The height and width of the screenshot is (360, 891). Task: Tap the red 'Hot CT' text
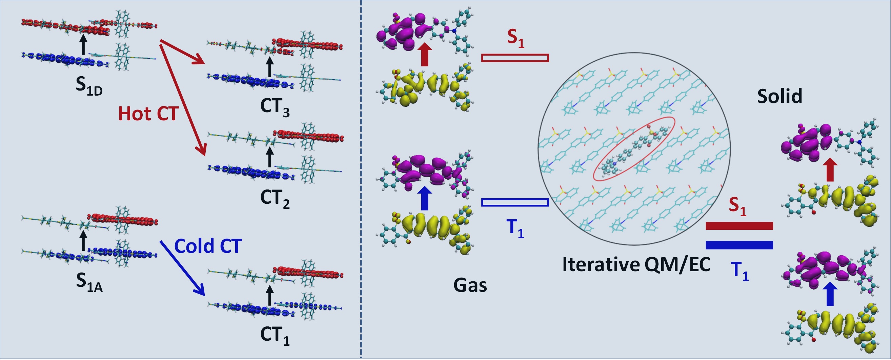148,114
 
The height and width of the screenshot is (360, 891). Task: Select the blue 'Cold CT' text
207,246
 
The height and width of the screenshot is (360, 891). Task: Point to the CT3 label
275,107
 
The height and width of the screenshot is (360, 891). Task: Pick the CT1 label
275,336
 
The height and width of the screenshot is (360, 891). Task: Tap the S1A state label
89,282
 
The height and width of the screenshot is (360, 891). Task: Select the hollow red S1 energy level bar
515,58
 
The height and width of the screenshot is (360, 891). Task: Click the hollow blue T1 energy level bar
515,202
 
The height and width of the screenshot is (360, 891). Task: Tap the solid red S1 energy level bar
739,226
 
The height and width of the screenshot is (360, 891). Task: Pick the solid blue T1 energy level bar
739,245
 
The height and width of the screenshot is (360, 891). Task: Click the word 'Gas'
470,286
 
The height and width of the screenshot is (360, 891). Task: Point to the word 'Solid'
779,96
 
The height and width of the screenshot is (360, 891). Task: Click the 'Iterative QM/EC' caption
636,265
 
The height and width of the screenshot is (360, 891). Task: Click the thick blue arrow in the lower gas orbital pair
425,199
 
